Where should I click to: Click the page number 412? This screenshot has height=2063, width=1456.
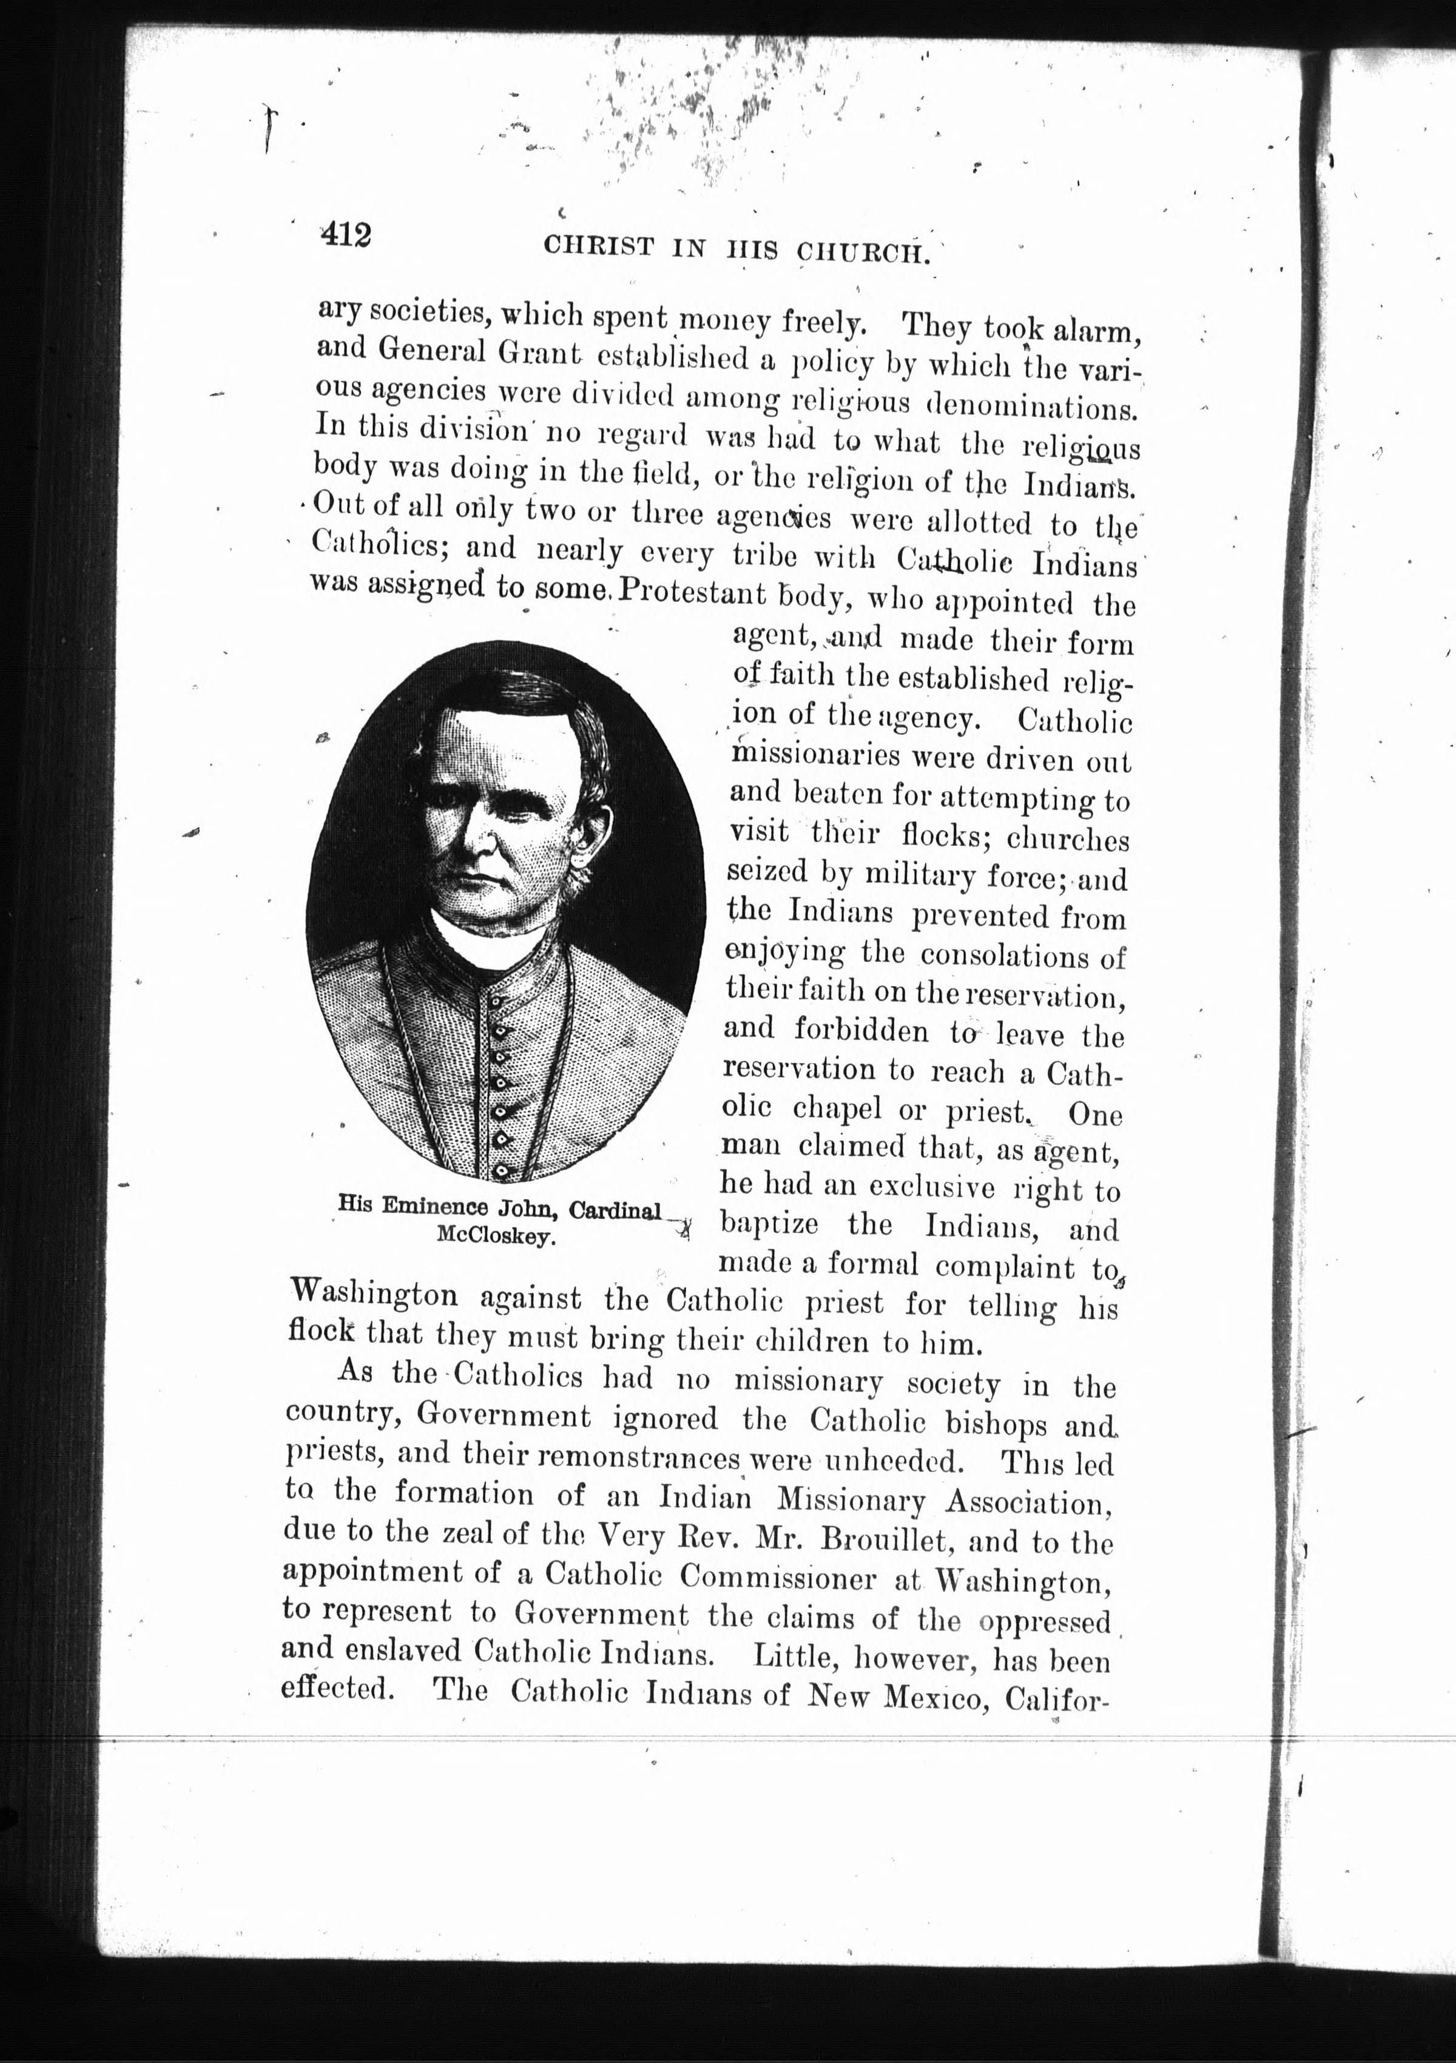click(344, 235)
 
